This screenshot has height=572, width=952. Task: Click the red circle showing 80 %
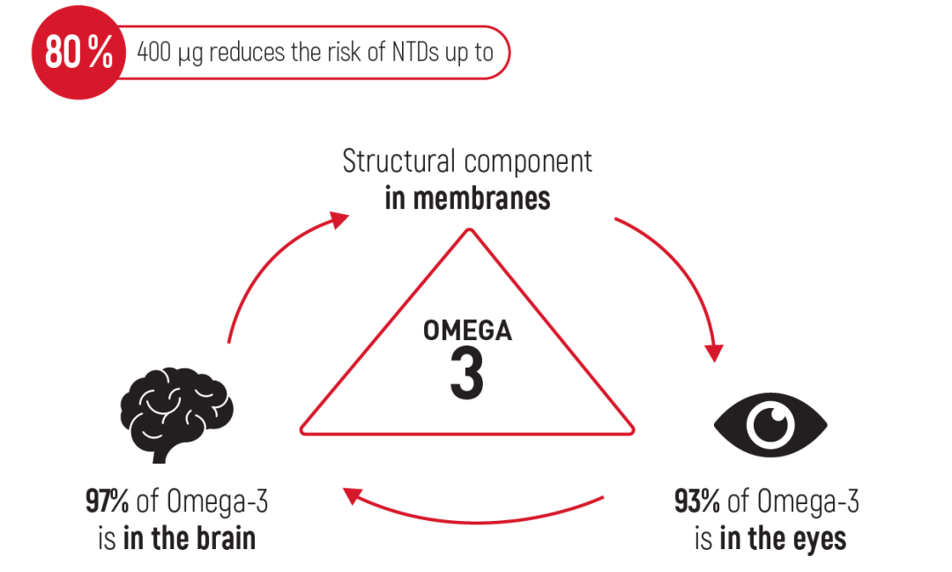pyautogui.click(x=78, y=52)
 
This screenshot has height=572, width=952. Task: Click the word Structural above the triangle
pyautogui.click(x=399, y=161)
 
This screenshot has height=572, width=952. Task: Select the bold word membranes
pyautogui.click(x=481, y=198)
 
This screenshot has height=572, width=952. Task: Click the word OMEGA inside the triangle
pyautogui.click(x=467, y=331)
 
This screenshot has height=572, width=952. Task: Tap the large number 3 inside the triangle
pyautogui.click(x=467, y=375)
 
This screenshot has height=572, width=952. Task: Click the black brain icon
pyautogui.click(x=176, y=415)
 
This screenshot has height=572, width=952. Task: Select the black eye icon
pyautogui.click(x=770, y=425)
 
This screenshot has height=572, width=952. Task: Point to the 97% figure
pyautogui.click(x=108, y=501)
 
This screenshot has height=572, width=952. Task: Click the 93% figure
pyautogui.click(x=697, y=501)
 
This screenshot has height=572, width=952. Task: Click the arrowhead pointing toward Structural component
pyautogui.click(x=338, y=219)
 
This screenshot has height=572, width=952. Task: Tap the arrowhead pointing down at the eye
pyautogui.click(x=714, y=353)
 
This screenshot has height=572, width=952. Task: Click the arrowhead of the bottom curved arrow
pyautogui.click(x=353, y=495)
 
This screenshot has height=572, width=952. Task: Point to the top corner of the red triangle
pyautogui.click(x=469, y=229)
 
